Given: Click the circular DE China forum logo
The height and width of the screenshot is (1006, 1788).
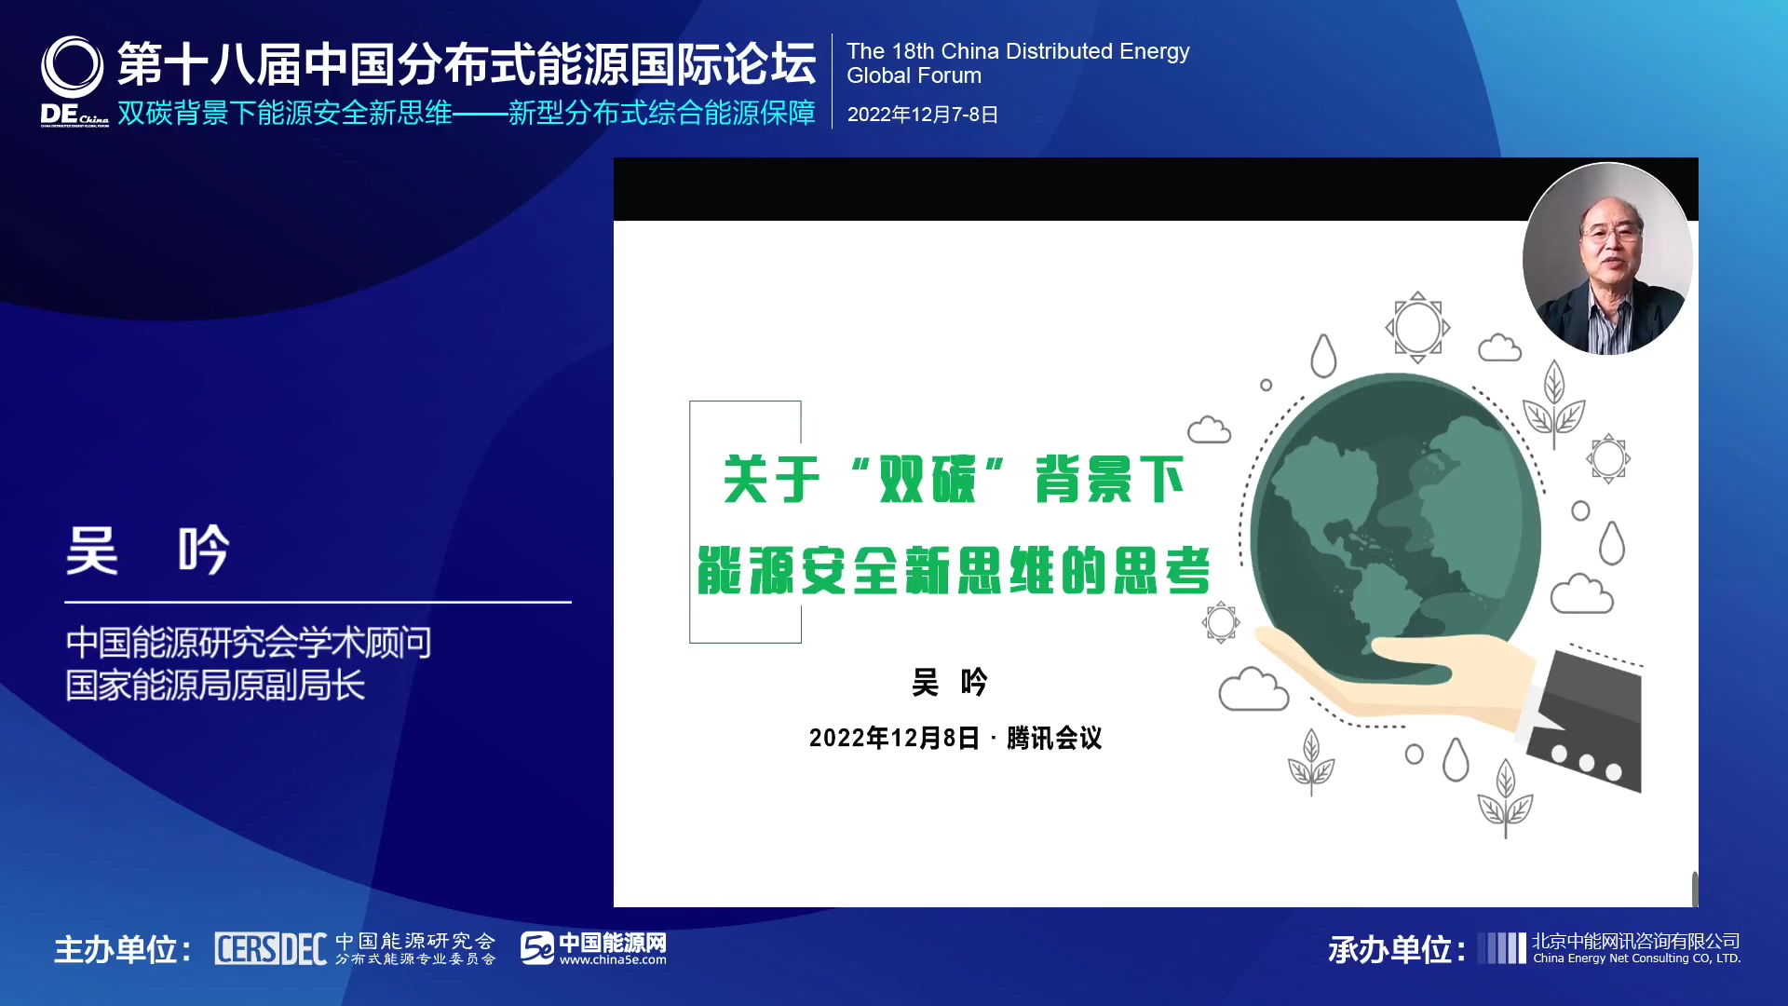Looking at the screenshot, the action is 73,67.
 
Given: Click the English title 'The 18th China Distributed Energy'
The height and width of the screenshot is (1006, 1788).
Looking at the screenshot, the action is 1018,51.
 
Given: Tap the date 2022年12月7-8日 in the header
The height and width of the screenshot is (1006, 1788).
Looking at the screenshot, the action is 923,115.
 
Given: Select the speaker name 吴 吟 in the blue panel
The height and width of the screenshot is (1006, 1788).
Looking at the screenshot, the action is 147,550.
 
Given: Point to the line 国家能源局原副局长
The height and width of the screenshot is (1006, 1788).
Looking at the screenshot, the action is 215,686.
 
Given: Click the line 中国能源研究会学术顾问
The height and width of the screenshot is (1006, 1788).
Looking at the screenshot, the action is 249,643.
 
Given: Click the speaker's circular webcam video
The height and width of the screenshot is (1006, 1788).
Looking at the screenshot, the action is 1607,259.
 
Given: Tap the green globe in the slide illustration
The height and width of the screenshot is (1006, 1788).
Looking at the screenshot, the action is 1395,526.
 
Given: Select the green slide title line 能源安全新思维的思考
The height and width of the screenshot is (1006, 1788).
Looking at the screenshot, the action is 955,570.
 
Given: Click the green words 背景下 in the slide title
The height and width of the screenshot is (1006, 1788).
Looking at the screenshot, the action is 1110,480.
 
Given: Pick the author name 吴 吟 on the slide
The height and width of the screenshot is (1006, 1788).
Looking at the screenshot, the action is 949,683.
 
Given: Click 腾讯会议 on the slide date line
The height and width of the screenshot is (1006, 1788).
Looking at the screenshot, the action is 1054,739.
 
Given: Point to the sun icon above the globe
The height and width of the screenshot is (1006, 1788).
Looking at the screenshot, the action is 1417,327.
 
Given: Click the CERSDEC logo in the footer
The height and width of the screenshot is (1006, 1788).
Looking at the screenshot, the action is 270,949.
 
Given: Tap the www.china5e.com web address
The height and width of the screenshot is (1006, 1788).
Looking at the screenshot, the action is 613,960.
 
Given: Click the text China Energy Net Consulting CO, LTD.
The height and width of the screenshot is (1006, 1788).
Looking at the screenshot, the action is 1636,958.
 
